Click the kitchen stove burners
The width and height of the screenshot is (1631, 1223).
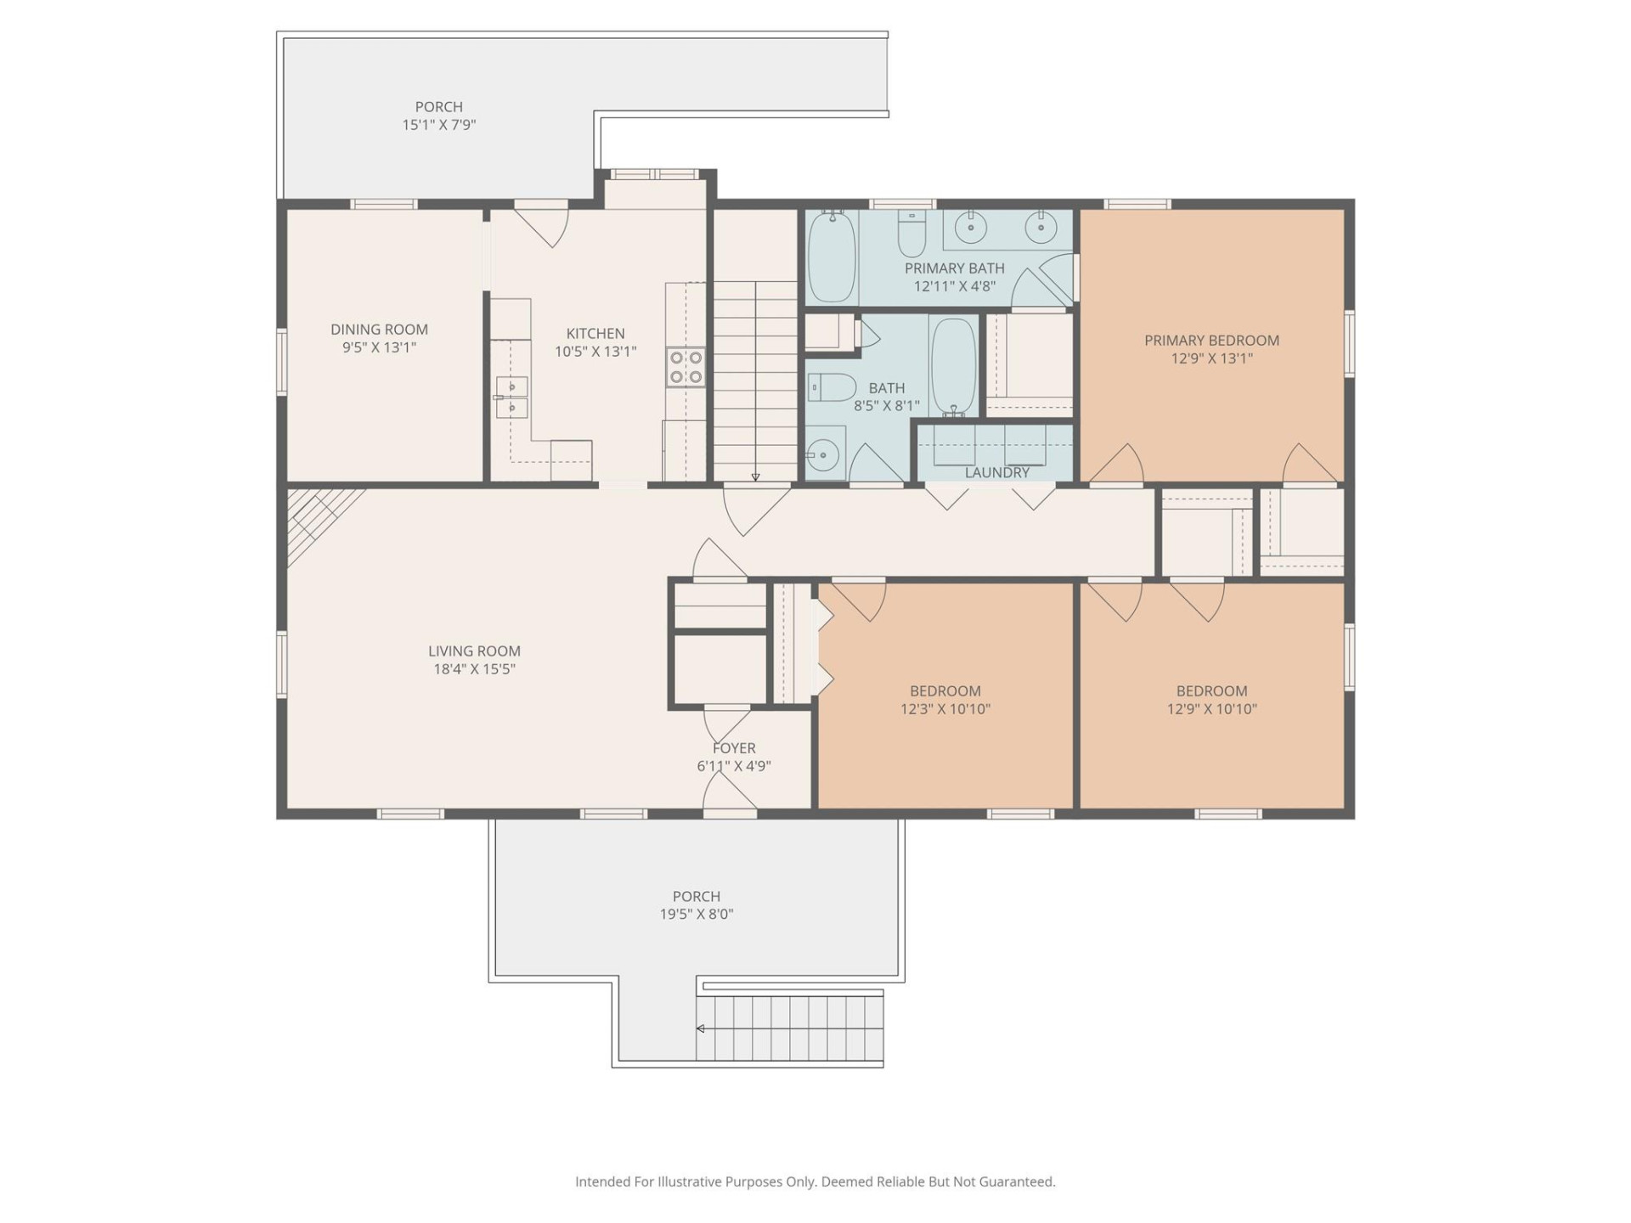pos(686,368)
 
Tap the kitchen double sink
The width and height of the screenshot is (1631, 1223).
pos(511,397)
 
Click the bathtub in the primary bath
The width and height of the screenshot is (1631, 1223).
pos(832,256)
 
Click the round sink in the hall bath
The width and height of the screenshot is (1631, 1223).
pos(823,456)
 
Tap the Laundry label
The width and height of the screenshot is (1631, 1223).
pos(996,472)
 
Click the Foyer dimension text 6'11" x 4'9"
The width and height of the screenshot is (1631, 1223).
pos(734,766)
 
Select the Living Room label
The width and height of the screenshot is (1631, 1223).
pos(474,651)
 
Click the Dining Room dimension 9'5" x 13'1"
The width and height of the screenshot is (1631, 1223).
pos(379,347)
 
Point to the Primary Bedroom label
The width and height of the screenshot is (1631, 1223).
pos(1211,341)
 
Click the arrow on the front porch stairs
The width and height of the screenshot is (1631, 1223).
pos(701,1029)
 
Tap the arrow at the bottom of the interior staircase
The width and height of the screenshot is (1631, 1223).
pos(755,477)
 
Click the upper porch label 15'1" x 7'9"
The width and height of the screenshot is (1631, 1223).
pos(438,125)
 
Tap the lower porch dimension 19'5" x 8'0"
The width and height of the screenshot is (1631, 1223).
pos(697,915)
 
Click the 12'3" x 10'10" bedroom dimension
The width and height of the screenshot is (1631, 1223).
pos(945,709)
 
